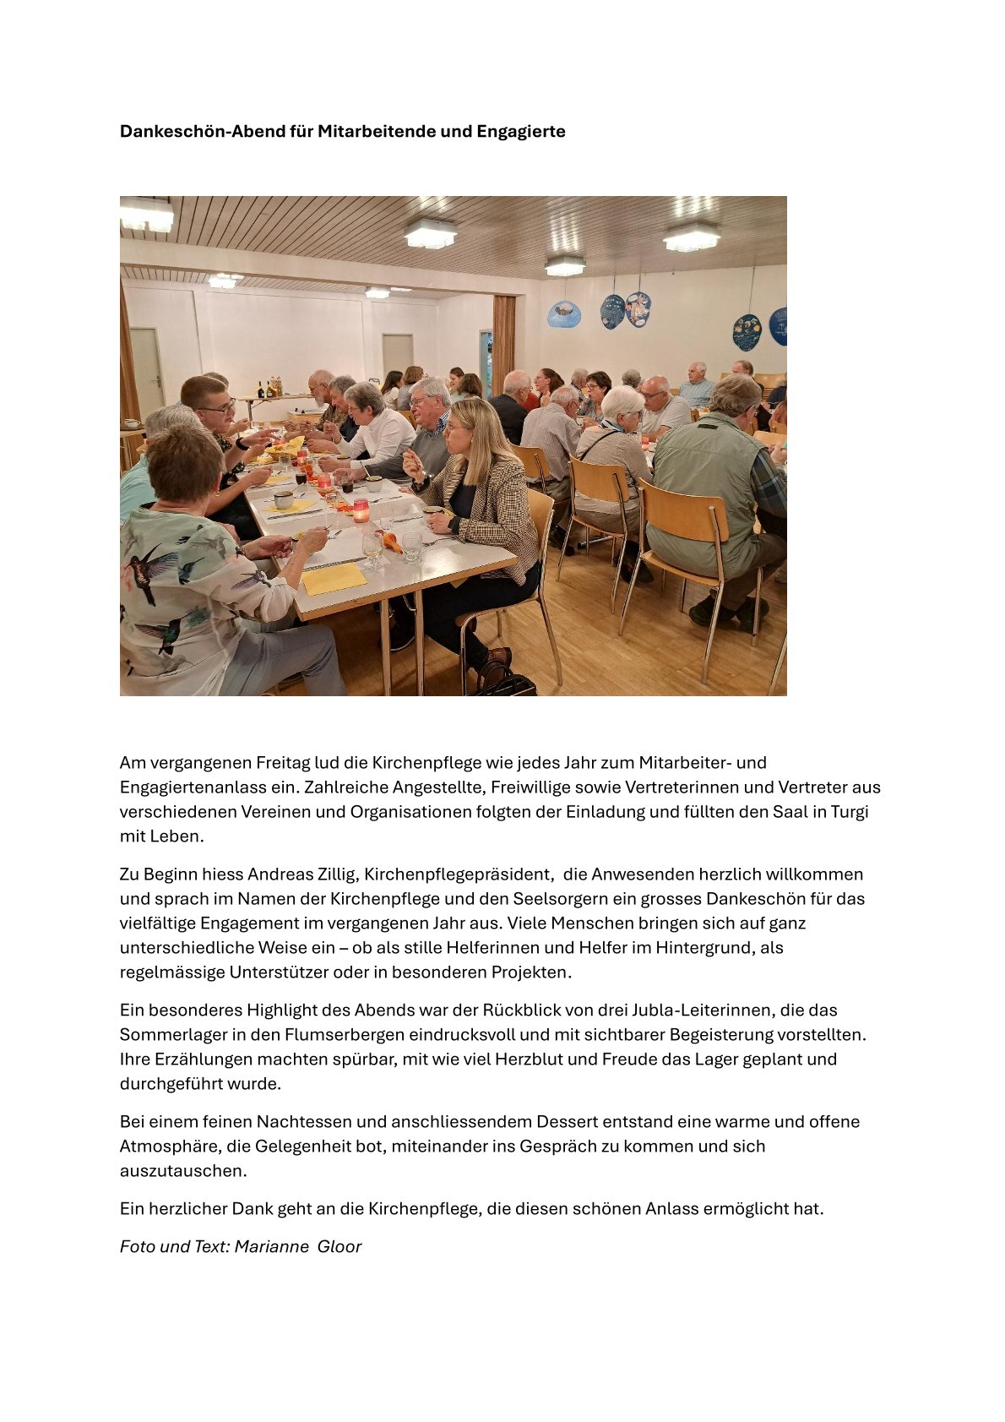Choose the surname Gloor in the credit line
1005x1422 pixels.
coord(340,1247)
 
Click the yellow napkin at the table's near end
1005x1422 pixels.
coord(334,579)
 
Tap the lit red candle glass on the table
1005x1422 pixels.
coord(361,510)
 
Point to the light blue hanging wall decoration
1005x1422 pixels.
coord(563,314)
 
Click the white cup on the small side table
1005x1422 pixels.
coord(131,423)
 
